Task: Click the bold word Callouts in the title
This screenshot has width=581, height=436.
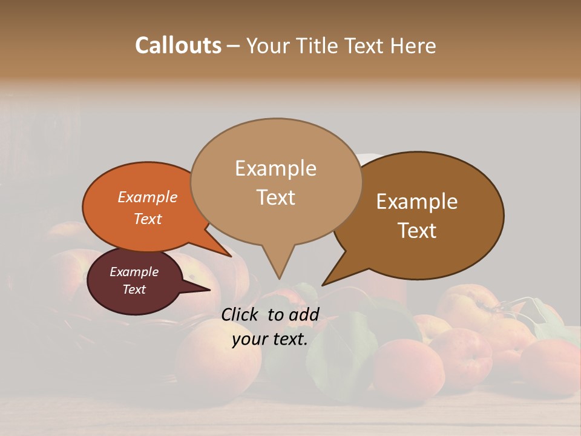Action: click(x=178, y=45)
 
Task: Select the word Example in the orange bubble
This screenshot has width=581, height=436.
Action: click(x=148, y=197)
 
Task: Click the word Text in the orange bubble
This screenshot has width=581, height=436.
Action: click(x=148, y=219)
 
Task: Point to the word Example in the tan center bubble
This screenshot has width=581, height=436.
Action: click(x=275, y=168)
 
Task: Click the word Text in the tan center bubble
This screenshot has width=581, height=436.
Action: click(x=275, y=197)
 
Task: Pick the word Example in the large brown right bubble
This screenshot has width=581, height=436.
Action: click(x=417, y=202)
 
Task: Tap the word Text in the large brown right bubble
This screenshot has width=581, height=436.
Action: click(x=417, y=231)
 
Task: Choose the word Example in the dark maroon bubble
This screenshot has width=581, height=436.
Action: click(x=134, y=272)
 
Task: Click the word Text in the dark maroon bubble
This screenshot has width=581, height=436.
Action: click(x=134, y=289)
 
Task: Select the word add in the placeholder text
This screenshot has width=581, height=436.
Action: click(x=304, y=314)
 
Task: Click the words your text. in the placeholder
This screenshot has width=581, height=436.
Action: click(x=270, y=339)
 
